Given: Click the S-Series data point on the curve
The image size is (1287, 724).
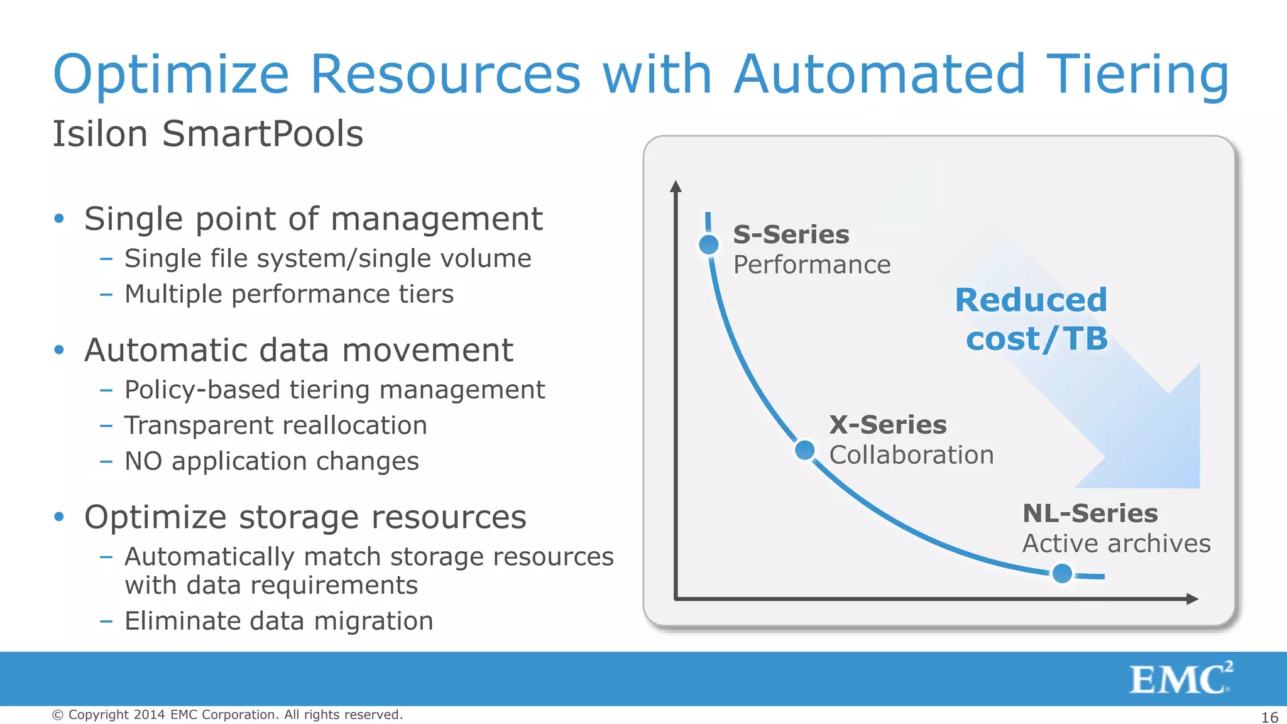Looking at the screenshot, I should click(x=709, y=244).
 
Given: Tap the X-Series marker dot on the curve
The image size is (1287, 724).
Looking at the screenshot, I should click(x=805, y=450).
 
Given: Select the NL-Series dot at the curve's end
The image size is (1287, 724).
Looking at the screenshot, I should click(x=1062, y=573).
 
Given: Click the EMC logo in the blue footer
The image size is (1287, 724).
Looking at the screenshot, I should click(x=1181, y=678).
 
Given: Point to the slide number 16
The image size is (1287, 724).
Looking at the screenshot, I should click(x=1269, y=717).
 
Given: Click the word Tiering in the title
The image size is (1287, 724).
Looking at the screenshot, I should click(x=1137, y=74).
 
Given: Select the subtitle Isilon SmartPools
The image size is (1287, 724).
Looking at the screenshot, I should click(x=208, y=134).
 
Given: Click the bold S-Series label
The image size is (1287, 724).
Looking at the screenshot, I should click(x=791, y=234).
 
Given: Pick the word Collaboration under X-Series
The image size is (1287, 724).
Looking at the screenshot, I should click(x=911, y=455).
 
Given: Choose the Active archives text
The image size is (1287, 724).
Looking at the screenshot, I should click(x=1116, y=544).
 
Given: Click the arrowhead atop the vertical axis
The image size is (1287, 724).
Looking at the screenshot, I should click(x=676, y=186).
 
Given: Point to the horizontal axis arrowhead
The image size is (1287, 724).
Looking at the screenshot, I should click(x=1191, y=599).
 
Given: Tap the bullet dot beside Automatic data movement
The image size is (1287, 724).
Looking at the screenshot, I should click(x=59, y=350).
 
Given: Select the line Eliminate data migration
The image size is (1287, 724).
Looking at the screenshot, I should click(x=278, y=621).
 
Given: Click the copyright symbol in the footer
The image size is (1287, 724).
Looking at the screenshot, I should click(x=58, y=715).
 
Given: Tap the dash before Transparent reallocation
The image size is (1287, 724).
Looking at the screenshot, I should click(x=106, y=425).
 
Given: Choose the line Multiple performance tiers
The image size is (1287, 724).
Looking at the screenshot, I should click(x=288, y=294).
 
